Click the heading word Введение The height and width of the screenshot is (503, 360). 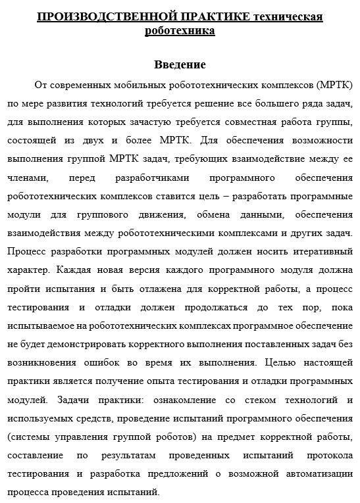tap(180, 64)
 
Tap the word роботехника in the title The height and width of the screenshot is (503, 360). tap(180, 30)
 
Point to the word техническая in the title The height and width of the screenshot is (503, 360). tap(288, 16)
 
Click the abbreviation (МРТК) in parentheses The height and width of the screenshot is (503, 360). tap(335, 85)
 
